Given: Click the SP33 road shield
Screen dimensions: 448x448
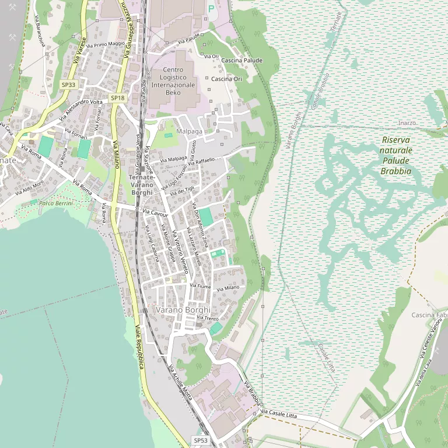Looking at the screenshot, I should coord(69,85).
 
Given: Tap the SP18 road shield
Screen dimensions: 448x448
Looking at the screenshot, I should coord(118,98).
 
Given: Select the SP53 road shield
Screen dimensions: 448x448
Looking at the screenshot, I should coord(200,440).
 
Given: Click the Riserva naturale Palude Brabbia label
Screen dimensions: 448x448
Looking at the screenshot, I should coord(396,156).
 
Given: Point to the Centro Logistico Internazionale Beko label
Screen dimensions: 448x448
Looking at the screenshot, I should coord(173,81).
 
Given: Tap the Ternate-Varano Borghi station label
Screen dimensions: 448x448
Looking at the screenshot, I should coord(142,184).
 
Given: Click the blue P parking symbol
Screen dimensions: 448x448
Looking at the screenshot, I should coord(211,9).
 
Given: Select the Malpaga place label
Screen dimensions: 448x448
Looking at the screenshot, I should coord(190,132).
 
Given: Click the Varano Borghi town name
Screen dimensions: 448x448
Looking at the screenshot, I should coord(183,310).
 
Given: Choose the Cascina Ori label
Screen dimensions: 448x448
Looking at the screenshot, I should coord(226,79).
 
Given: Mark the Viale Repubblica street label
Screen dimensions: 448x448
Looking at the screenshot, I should coord(139,346).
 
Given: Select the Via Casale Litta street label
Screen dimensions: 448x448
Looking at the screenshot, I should coord(279,415).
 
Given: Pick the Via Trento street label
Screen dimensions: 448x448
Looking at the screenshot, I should coord(208,318).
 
